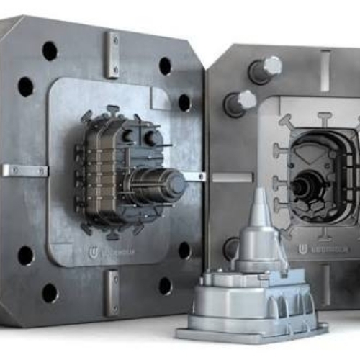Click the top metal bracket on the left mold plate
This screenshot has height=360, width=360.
tap(112, 54)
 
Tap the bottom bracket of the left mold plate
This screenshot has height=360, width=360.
tap(112, 292)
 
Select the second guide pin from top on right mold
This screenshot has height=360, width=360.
tap(239, 102)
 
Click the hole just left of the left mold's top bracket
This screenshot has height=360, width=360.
tap(50, 51)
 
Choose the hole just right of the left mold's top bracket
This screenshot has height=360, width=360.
tap(165, 66)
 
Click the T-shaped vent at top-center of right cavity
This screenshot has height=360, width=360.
tap(325, 116)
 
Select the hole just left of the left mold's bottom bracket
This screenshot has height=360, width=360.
tap(50, 292)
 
